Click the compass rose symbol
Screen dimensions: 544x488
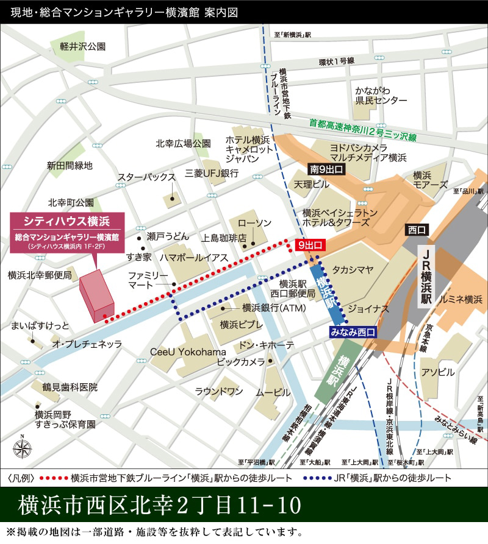(x=22, y=447)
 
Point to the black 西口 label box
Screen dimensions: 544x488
(x=418, y=229)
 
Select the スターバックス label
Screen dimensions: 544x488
(x=147, y=177)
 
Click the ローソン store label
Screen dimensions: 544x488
(x=254, y=223)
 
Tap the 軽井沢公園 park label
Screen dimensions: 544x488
(x=83, y=46)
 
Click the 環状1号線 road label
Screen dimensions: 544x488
(x=336, y=61)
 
